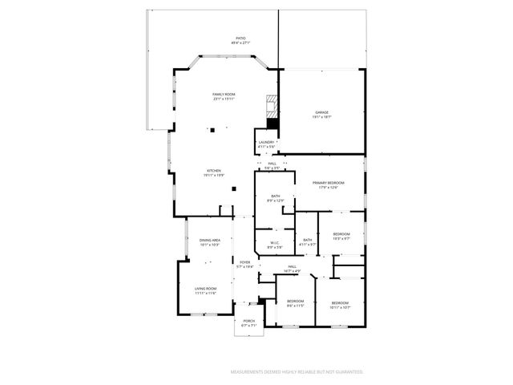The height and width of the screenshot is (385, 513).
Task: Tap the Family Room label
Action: pyautogui.click(x=224, y=96)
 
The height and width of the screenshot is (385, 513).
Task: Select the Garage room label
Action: pyautogui.click(x=321, y=115)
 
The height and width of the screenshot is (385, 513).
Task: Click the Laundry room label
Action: pyautogui.click(x=266, y=144)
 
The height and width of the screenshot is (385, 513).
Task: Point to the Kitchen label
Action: pyautogui.click(x=214, y=172)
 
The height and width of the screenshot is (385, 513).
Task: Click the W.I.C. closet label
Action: pyautogui.click(x=274, y=245)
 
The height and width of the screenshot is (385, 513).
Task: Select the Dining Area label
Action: pyautogui.click(x=210, y=243)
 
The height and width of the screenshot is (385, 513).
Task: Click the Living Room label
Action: pyautogui.click(x=206, y=290)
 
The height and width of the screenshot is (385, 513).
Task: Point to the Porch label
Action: pyautogui.click(x=249, y=323)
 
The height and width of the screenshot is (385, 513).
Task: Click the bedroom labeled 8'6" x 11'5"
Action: pyautogui.click(x=296, y=303)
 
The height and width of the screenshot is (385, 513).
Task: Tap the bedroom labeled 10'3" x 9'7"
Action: pyautogui.click(x=341, y=236)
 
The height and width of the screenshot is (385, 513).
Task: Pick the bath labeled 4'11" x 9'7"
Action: pyautogui.click(x=308, y=242)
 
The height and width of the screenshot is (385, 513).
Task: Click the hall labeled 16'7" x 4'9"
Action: pyautogui.click(x=293, y=269)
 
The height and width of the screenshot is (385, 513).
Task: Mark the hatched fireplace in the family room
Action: pyautogui.click(x=273, y=108)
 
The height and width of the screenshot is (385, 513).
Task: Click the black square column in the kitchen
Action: pyautogui.click(x=233, y=189)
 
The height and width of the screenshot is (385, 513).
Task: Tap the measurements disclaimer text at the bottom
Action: pyautogui.click(x=297, y=372)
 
